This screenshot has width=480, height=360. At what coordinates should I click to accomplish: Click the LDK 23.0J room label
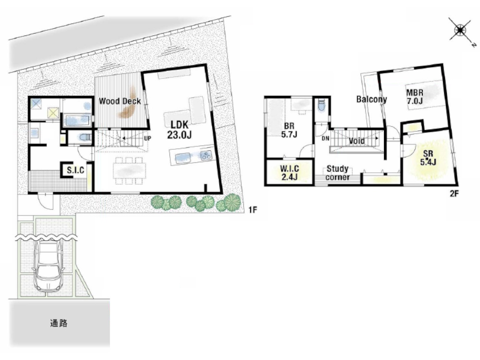180,130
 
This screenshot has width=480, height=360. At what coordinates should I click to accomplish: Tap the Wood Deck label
120,101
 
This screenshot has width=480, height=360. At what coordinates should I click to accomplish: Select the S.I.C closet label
76,169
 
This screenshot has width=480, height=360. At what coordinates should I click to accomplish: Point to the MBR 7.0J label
415,96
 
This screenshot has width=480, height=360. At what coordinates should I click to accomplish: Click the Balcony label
372,99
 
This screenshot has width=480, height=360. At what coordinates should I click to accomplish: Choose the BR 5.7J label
289,130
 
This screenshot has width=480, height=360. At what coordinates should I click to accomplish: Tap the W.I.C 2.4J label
289,173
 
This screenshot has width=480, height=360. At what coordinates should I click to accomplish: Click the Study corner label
337,173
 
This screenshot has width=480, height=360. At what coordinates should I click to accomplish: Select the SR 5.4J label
428,158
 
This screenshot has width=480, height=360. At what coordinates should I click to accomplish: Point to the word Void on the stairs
357,141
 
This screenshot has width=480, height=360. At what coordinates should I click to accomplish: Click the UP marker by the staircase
147,138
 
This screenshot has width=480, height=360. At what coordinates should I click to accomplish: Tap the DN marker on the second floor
326,139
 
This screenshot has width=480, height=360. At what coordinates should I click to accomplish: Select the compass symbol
460,30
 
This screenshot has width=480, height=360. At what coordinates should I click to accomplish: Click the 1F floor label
252,210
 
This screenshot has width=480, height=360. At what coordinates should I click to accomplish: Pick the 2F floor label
454,193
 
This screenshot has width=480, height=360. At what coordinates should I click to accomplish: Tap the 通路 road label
59,323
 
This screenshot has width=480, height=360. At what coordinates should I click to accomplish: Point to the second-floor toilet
321,105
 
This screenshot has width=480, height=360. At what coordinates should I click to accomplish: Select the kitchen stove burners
206,155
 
